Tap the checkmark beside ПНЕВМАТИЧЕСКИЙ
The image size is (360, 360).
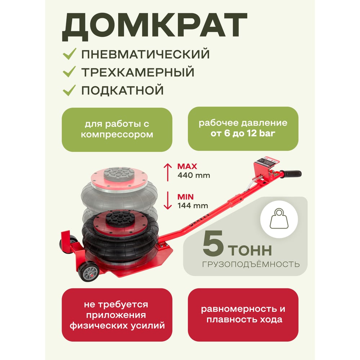point(69,54)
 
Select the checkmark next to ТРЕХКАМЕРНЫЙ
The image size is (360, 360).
point(69,72)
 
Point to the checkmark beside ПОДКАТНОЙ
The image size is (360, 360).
point(69,90)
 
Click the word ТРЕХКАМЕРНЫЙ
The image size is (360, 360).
point(138,72)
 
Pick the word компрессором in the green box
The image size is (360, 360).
point(117,135)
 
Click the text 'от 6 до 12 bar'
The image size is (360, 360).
point(243,134)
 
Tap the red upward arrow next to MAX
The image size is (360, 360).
point(168,172)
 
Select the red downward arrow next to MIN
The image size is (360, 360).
point(168,201)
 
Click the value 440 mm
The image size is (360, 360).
point(194,175)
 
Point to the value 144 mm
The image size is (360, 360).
point(193,206)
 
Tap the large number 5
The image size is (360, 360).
point(213,243)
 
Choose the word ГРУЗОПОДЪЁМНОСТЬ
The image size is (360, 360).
point(251,265)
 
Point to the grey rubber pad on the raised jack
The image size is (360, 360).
point(119,174)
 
